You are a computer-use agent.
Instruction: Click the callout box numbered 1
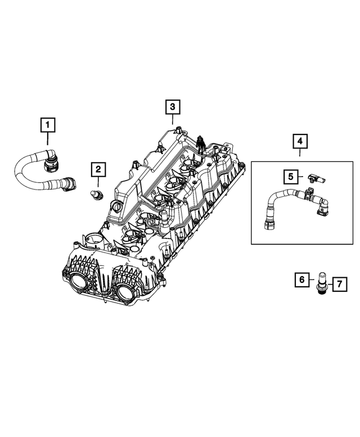tap(48, 124)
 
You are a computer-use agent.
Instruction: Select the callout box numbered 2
tap(97, 169)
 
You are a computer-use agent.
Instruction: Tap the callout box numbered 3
tap(172, 106)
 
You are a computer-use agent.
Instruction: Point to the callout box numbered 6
tap(301, 278)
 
